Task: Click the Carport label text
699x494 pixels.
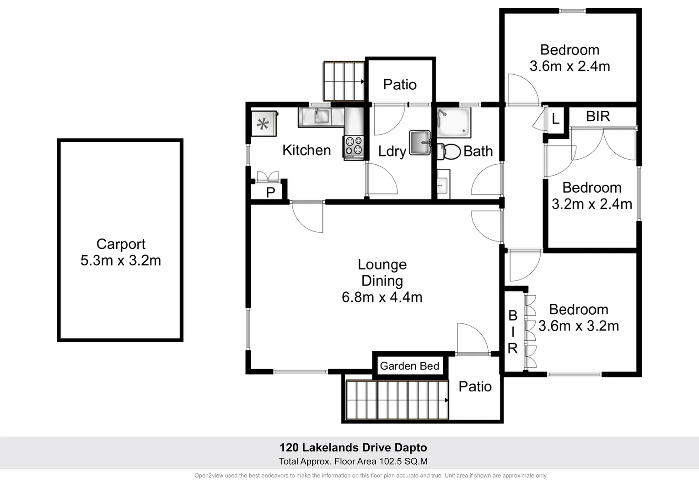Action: tap(121, 244)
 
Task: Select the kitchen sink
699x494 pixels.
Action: tap(321, 116)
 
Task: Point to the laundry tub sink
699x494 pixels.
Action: tap(420, 142)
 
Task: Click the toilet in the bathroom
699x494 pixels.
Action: tap(450, 151)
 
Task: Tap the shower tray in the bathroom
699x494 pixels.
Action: tap(453, 123)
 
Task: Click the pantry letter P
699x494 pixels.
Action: tap(270, 192)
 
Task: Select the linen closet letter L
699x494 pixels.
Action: tap(555, 119)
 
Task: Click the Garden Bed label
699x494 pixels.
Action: tap(409, 366)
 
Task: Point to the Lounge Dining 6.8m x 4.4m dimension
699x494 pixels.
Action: tap(382, 297)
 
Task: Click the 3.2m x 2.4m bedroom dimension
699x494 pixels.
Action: tap(592, 204)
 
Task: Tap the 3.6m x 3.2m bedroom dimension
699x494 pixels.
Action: tap(579, 326)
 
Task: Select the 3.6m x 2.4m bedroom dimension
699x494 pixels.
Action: tap(570, 66)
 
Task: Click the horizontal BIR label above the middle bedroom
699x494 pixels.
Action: tap(598, 116)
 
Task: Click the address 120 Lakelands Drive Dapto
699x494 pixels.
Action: tap(353, 447)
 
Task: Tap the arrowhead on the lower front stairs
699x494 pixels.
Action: tap(446, 400)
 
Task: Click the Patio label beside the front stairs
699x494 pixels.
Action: tap(475, 387)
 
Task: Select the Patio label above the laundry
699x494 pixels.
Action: tap(400, 85)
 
